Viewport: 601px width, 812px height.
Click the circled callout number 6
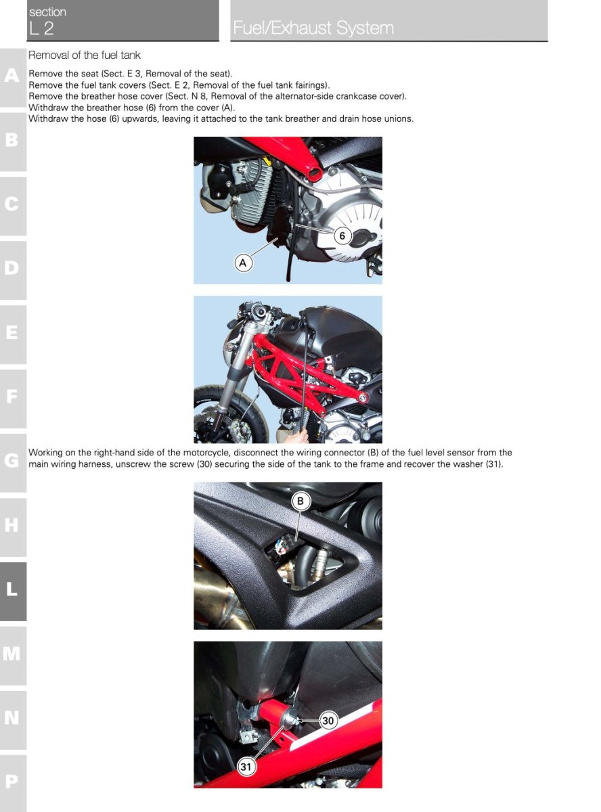click(x=342, y=235)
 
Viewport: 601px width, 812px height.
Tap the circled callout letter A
click(x=243, y=263)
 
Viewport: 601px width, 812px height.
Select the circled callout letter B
click(x=300, y=501)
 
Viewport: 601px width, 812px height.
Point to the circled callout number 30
click(x=328, y=721)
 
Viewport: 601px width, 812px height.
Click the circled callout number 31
click(x=246, y=766)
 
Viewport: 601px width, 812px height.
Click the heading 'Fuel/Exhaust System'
click(x=313, y=28)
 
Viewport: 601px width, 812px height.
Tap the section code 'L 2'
click(x=41, y=28)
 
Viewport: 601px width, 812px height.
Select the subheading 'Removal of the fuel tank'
click(x=84, y=55)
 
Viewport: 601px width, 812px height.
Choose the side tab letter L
click(x=12, y=588)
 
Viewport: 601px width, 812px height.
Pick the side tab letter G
click(x=12, y=460)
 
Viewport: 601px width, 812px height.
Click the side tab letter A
click(x=12, y=75)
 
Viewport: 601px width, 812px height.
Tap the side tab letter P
click(x=12, y=781)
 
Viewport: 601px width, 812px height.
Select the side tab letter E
click(x=12, y=332)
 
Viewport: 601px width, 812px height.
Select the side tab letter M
click(x=12, y=653)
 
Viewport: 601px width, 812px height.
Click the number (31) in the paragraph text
click(x=493, y=464)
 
